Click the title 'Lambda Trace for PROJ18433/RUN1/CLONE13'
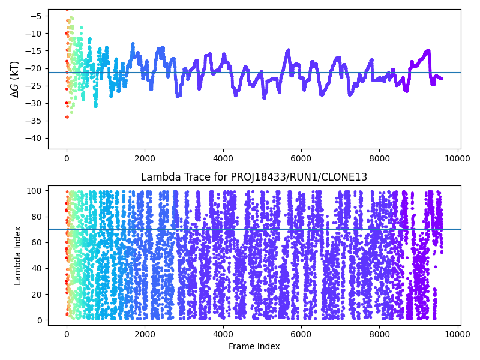point(254,177)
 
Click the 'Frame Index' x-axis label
point(254,346)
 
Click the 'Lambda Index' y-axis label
point(18,256)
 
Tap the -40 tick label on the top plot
point(35,138)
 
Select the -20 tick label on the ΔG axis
point(35,68)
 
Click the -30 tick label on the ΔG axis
point(35,103)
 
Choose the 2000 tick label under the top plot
point(145,158)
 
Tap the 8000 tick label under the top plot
point(380,158)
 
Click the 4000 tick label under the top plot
point(223,158)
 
